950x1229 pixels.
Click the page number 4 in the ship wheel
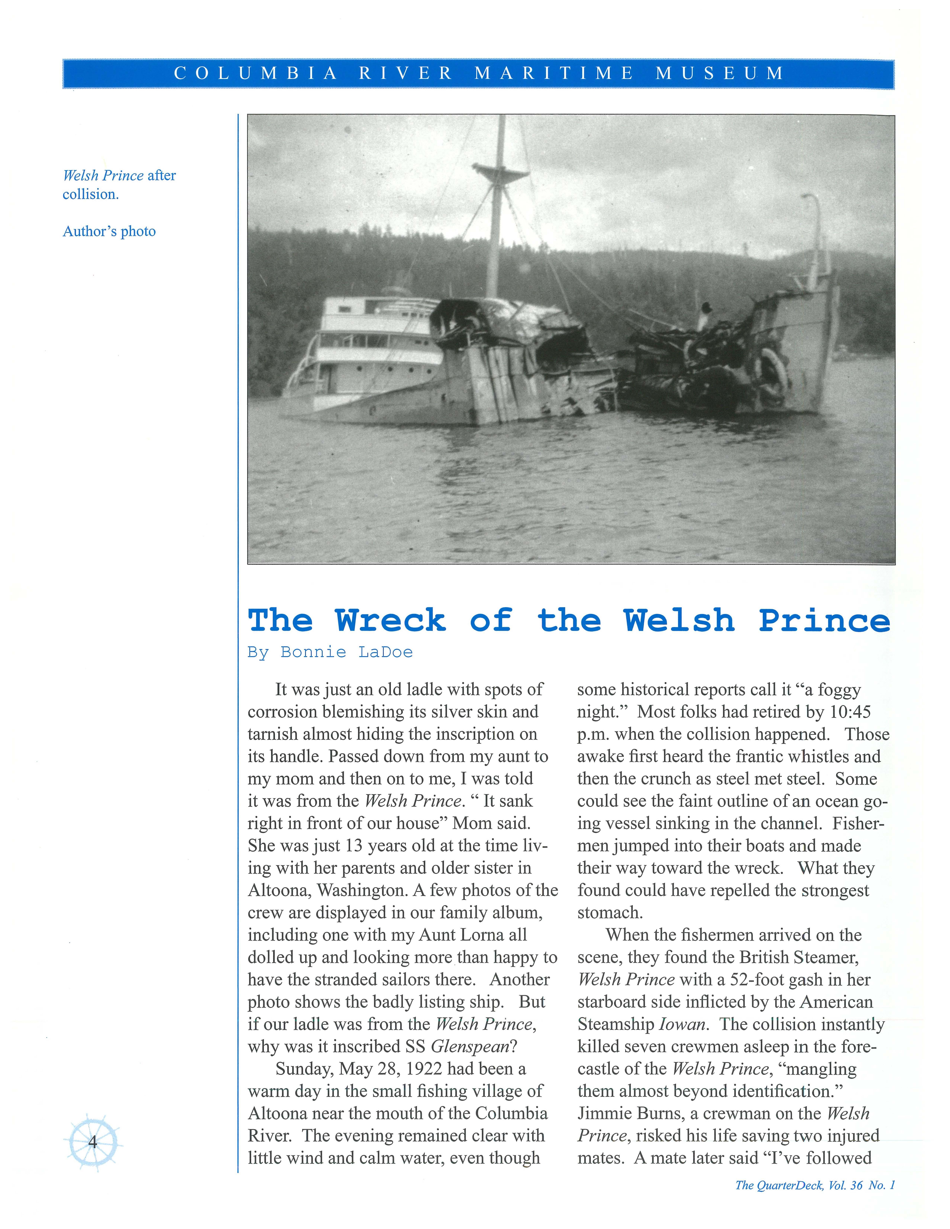tap(93, 1142)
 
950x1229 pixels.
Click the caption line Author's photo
tap(109, 231)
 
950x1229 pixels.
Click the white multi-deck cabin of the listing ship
tap(371, 343)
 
